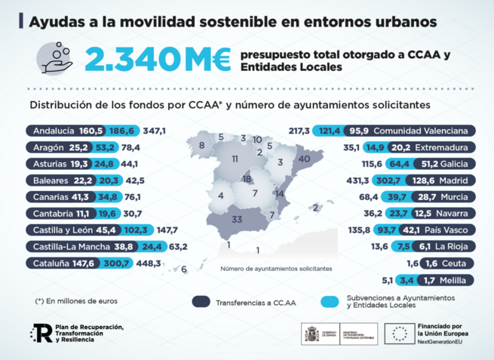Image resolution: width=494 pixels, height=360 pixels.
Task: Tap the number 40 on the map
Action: pos(304,160)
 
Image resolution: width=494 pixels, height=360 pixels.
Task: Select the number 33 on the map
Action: pos(237,220)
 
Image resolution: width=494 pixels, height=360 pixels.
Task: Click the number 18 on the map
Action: pos(247,179)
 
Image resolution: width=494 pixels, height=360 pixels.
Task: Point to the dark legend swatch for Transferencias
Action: pos(201,300)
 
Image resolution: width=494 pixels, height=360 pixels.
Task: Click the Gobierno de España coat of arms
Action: pos(311,334)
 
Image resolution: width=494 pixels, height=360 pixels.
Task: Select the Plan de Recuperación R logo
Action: pos(40,334)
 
